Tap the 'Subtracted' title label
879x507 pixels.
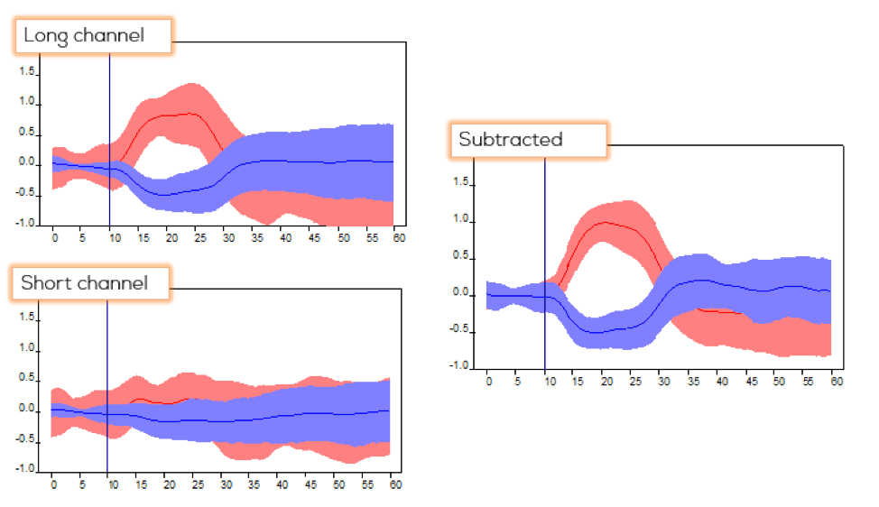pyautogui.click(x=511, y=140)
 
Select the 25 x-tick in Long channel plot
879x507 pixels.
pyautogui.click(x=198, y=238)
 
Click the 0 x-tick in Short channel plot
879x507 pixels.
pyautogui.click(x=53, y=484)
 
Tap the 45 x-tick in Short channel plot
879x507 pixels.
pyautogui.click(x=311, y=484)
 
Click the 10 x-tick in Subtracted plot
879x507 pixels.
pyautogui.click(x=545, y=382)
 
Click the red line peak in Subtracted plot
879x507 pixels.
pyautogui.click(x=603, y=222)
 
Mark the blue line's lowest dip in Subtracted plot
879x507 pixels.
pyautogui.click(x=597, y=332)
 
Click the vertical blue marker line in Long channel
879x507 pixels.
pyautogui.click(x=109, y=135)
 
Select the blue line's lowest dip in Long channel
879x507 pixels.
pyautogui.click(x=163, y=195)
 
